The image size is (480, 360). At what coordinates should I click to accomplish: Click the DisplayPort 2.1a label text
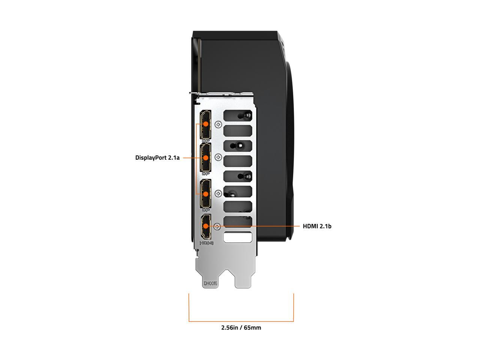click(x=157, y=158)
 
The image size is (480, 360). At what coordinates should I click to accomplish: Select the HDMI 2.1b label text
click(x=317, y=226)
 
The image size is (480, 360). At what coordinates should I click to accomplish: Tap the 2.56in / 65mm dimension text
click(x=241, y=328)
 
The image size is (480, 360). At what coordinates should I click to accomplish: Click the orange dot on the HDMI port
click(x=206, y=226)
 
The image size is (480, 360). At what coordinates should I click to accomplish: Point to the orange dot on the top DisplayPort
click(x=205, y=123)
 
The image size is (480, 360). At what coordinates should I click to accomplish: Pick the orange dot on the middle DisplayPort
click(x=205, y=158)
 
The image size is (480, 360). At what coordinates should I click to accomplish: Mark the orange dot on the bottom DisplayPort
click(x=205, y=193)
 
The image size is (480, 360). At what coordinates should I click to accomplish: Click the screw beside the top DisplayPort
click(x=219, y=124)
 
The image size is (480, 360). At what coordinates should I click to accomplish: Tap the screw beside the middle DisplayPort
click(x=219, y=157)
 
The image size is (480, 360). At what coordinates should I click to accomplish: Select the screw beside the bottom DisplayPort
click(x=219, y=193)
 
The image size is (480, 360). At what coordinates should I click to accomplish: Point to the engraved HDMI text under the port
click(x=206, y=243)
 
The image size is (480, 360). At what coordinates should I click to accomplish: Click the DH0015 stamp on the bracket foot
click(x=210, y=284)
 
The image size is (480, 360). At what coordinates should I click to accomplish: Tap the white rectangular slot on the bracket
click(x=237, y=237)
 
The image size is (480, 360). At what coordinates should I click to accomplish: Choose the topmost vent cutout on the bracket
click(x=237, y=115)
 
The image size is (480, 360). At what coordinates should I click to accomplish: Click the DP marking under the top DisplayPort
click(x=205, y=141)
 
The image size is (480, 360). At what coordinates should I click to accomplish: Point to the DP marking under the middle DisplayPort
click(x=205, y=174)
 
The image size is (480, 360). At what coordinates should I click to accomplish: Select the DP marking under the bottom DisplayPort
click(x=205, y=210)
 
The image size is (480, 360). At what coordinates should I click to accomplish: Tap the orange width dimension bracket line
click(x=241, y=321)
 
